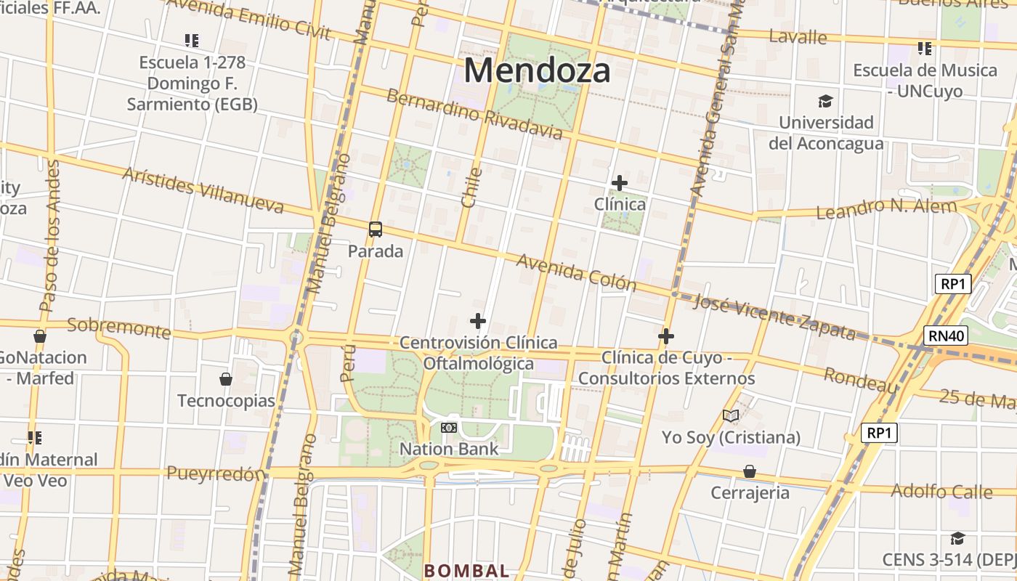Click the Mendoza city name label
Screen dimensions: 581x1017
(537, 71)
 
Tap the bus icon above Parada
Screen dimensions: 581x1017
(376, 229)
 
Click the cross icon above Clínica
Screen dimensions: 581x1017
(619, 183)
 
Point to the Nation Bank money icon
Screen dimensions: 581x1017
(449, 428)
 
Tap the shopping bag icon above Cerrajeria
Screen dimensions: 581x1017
(750, 472)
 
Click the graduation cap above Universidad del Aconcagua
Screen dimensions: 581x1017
(824, 101)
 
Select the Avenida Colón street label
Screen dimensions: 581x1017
(576, 272)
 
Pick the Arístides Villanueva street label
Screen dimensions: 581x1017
(203, 190)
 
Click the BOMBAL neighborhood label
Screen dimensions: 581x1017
(466, 571)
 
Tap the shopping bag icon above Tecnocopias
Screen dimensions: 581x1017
(226, 379)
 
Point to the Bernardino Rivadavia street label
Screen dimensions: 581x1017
(474, 114)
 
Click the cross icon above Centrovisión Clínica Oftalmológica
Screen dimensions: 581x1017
(478, 321)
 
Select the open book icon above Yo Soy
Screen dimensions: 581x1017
(731, 416)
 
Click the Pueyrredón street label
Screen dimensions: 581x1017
(216, 474)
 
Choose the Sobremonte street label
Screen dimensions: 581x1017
(118, 328)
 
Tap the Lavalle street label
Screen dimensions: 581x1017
(798, 37)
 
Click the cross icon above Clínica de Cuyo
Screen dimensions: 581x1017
(666, 336)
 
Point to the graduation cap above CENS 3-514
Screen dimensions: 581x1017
(957, 539)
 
